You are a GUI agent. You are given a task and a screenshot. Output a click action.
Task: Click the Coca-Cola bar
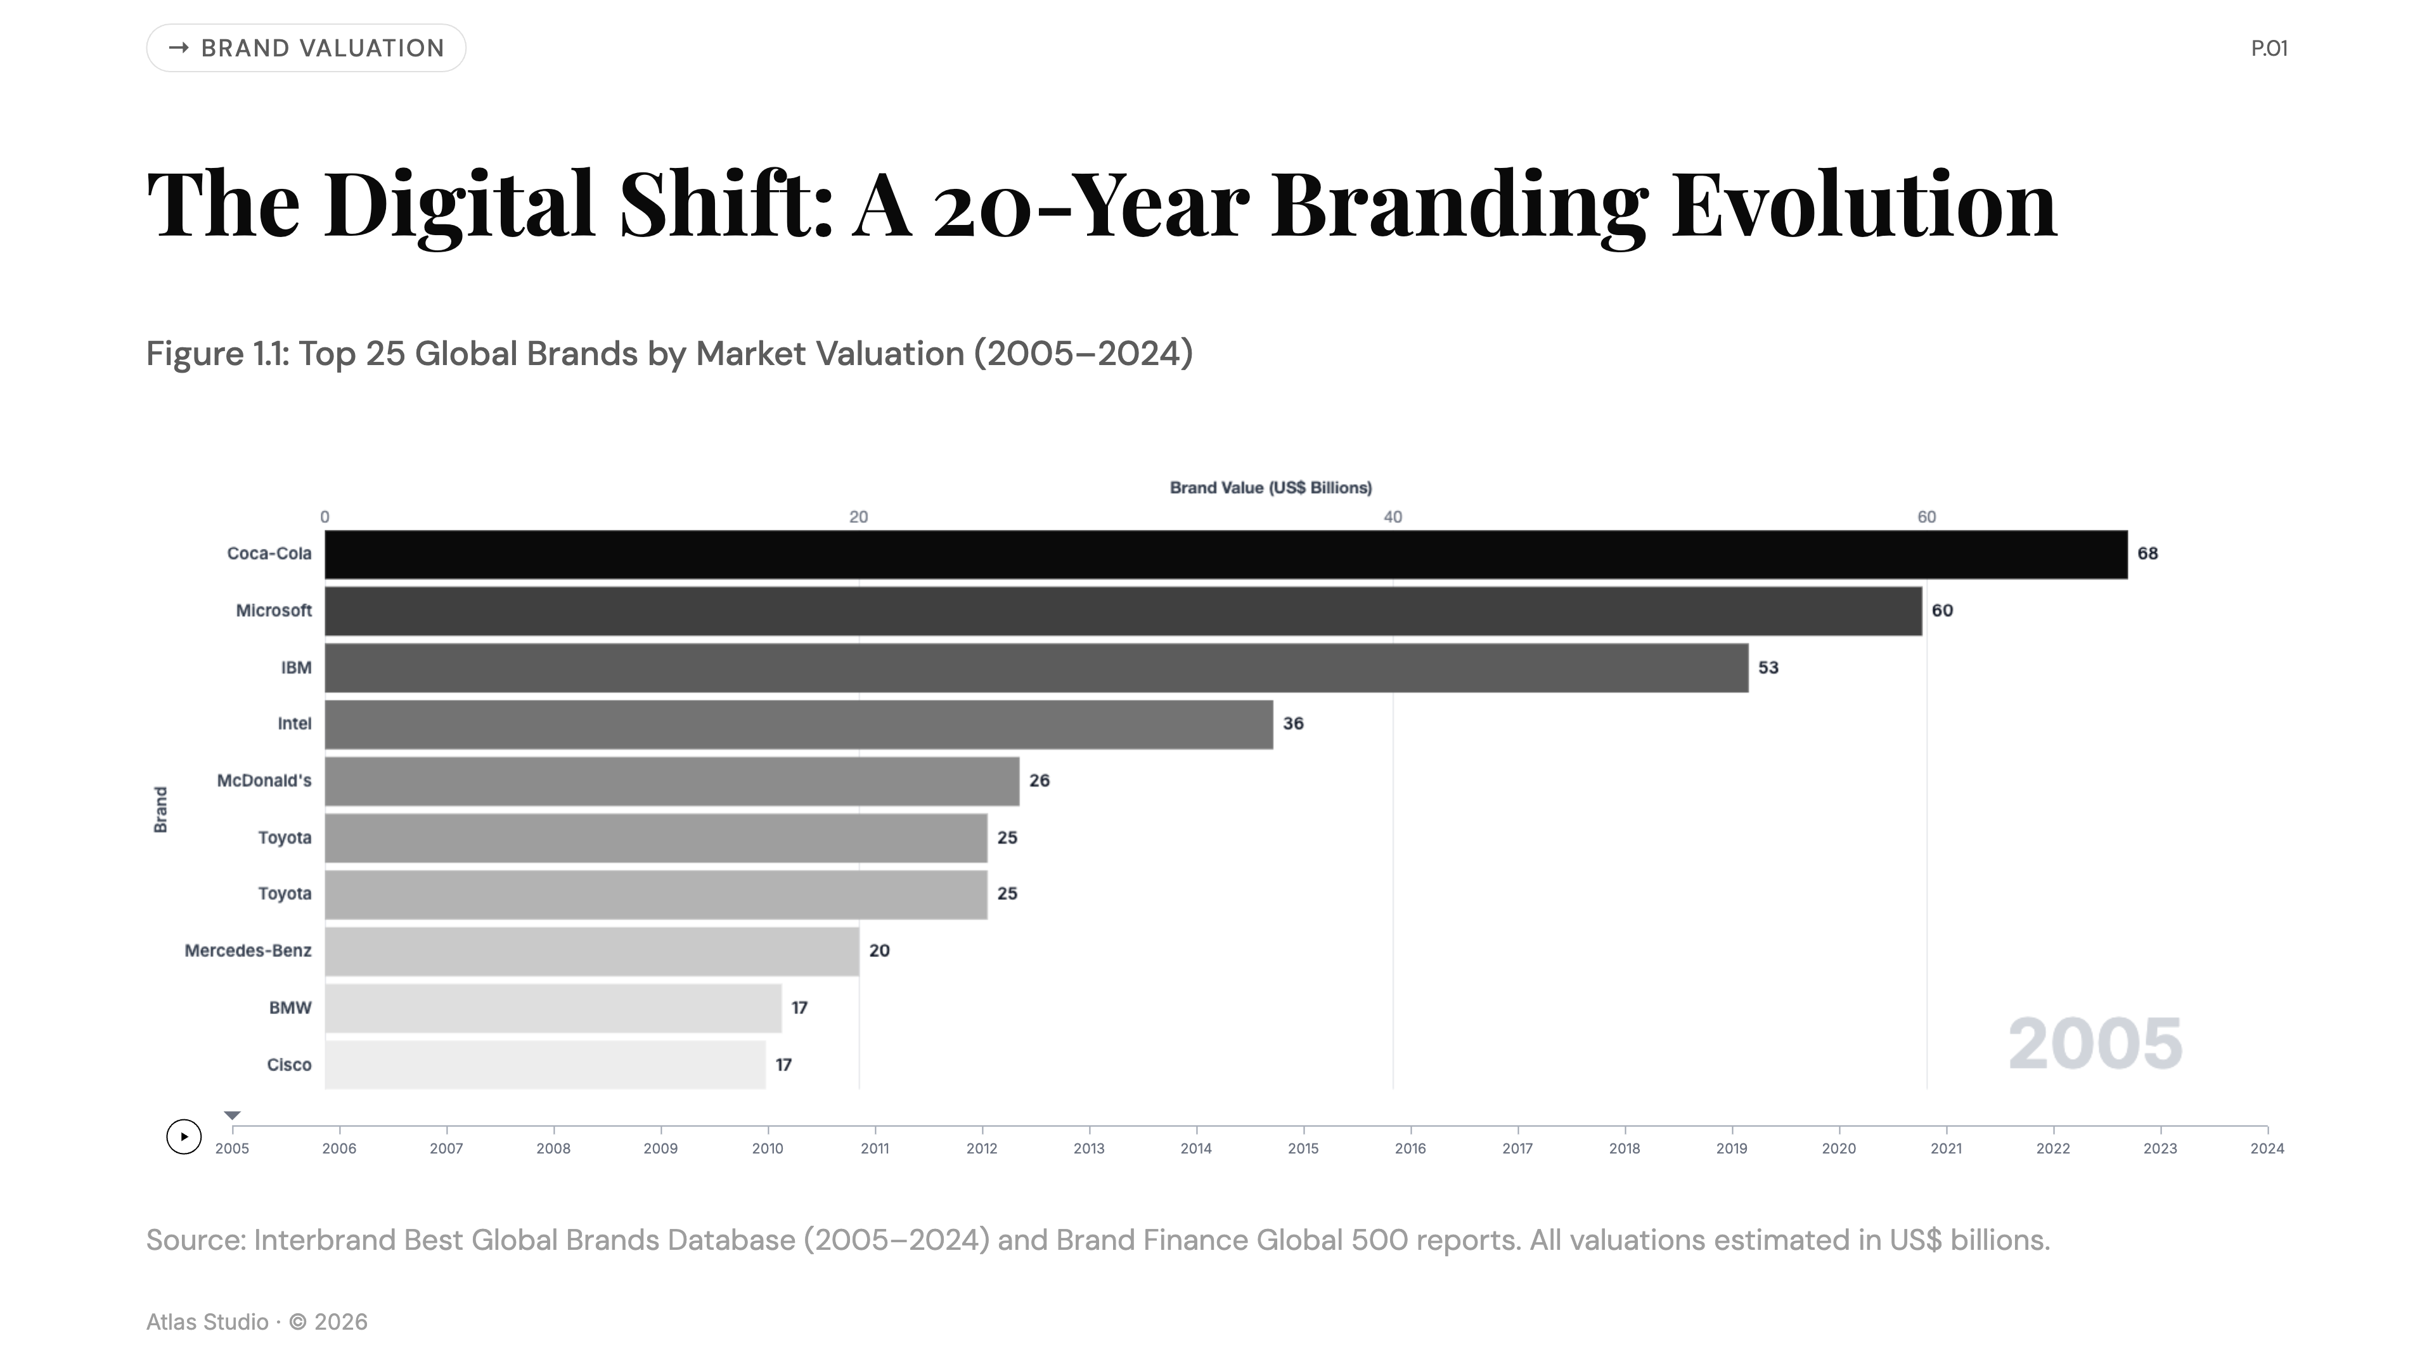(1225, 555)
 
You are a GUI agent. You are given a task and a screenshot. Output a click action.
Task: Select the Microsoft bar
(1123, 611)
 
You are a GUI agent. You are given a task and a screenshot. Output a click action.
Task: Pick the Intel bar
(799, 724)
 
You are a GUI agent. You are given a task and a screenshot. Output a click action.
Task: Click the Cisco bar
(545, 1065)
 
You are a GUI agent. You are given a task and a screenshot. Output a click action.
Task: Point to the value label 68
(2147, 554)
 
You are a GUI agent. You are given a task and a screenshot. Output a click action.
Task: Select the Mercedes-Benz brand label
(248, 951)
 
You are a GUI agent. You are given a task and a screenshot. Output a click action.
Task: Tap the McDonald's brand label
(264, 780)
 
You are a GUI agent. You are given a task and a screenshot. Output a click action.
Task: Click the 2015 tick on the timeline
(1303, 1148)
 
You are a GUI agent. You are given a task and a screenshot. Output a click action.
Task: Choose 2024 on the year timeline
(2267, 1148)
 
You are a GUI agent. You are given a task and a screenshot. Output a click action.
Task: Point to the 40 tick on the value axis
(1393, 517)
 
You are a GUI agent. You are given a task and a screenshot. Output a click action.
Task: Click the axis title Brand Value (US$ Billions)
(1271, 487)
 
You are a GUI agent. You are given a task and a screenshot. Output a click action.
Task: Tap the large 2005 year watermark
(2095, 1044)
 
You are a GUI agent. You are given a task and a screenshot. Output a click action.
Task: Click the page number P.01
(2269, 48)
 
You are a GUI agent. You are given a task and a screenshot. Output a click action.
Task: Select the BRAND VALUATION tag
(306, 48)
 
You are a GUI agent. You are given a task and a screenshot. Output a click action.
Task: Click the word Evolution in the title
(1864, 204)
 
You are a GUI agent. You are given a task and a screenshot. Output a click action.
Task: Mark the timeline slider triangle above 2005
(233, 1115)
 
